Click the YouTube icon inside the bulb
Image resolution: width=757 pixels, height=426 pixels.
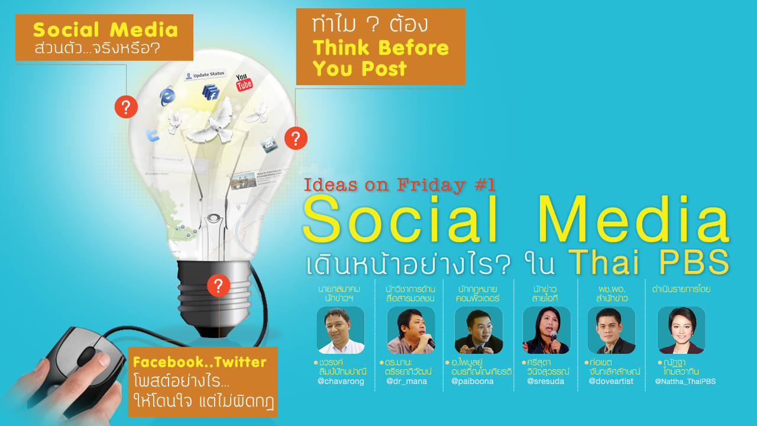[244, 82]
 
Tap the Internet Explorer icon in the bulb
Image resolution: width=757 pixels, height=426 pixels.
[168, 96]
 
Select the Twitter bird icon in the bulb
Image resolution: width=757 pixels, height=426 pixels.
[153, 135]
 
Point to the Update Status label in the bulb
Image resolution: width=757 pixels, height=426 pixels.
[205, 75]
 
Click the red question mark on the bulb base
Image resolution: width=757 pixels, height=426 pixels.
[218, 286]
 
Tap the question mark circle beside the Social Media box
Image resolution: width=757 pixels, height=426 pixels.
[126, 107]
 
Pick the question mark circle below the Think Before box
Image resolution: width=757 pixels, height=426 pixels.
[296, 138]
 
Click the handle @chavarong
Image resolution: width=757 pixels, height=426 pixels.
[341, 382]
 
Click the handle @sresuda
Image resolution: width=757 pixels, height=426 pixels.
[545, 382]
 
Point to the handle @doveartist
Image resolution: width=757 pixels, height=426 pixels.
[610, 382]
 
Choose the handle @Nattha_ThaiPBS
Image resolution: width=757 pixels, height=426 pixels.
[685, 382]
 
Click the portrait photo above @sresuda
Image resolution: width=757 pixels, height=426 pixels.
[546, 330]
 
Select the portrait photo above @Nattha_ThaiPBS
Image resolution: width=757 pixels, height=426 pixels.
[681, 330]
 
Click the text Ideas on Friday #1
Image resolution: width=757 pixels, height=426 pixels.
[399, 185]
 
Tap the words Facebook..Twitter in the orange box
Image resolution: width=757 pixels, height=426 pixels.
[200, 362]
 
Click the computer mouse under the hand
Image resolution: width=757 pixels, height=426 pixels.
[77, 367]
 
